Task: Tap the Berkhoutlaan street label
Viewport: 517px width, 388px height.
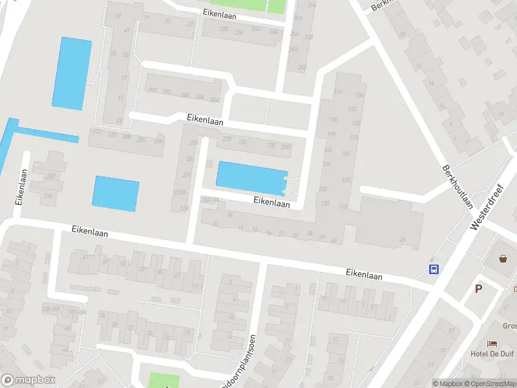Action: pos(458,186)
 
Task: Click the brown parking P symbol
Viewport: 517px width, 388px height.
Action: pos(478,288)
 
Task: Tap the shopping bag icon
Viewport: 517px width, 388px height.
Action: pos(503,259)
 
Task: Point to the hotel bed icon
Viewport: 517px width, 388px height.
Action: pos(492,343)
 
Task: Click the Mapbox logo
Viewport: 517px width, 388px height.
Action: pos(28,380)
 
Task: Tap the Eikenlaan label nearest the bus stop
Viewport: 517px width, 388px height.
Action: pos(363,275)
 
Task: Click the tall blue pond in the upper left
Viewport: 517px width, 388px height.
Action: pos(71,73)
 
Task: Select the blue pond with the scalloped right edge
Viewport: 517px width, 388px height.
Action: pos(251,177)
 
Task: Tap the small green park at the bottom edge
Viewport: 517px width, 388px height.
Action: pos(163,381)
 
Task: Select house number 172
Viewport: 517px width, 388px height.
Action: pos(352,109)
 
